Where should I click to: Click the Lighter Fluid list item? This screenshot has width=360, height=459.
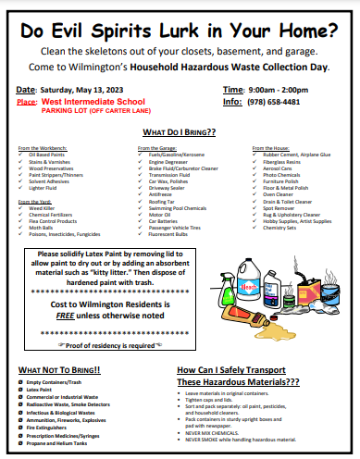tap(46, 188)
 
